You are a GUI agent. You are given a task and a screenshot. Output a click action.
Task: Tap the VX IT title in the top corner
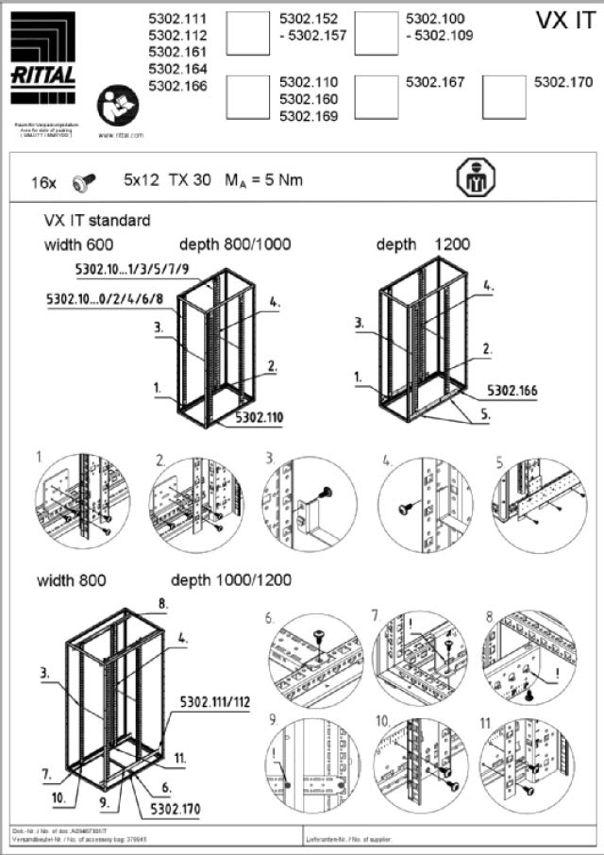(x=564, y=22)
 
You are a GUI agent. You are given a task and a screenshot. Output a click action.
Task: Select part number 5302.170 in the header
(x=563, y=82)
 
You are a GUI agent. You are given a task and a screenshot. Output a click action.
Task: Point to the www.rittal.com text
(x=120, y=135)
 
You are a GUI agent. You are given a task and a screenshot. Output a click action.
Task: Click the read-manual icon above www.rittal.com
(x=119, y=103)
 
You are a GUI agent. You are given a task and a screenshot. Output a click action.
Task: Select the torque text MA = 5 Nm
(x=263, y=178)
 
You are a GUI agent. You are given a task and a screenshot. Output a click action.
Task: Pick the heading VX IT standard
(x=97, y=221)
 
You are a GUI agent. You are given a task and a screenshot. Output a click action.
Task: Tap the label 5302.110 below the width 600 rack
(x=259, y=415)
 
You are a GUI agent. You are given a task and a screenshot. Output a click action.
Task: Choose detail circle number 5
(x=539, y=503)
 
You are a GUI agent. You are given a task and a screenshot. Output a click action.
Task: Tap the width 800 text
(x=72, y=579)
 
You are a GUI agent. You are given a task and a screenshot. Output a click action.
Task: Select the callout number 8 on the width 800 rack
(x=162, y=602)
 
